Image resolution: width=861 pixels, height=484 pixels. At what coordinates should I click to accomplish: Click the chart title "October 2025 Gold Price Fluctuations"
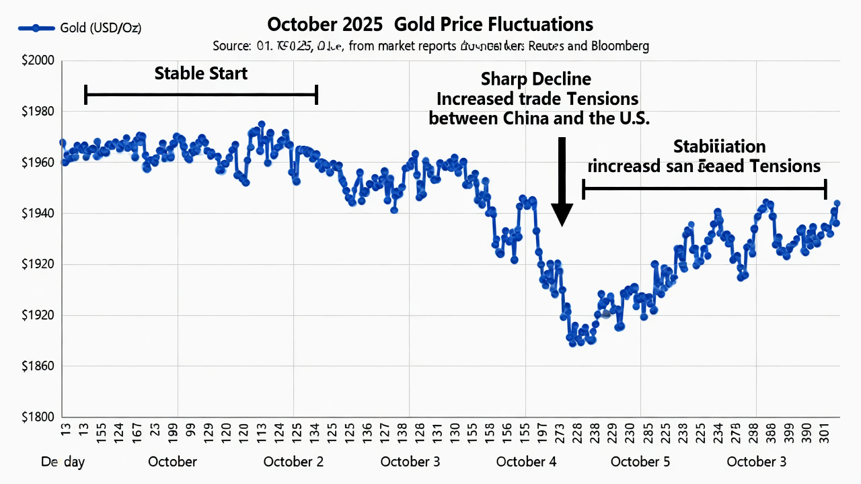point(430,25)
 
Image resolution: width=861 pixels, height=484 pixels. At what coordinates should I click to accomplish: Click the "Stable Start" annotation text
point(201,73)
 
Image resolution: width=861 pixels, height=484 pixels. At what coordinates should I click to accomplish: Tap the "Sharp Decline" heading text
point(536,79)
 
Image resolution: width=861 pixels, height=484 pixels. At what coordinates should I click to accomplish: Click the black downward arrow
point(562,182)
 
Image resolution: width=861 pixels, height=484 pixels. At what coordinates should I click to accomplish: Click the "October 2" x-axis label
point(293,462)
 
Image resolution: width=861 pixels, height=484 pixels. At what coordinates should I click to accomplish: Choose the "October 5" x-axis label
point(640,462)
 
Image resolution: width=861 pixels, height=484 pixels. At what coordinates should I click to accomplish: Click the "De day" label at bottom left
point(63,462)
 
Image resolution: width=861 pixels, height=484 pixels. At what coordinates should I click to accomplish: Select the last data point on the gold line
point(837,203)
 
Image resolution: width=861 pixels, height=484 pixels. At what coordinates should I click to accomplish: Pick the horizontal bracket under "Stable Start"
point(201,95)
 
